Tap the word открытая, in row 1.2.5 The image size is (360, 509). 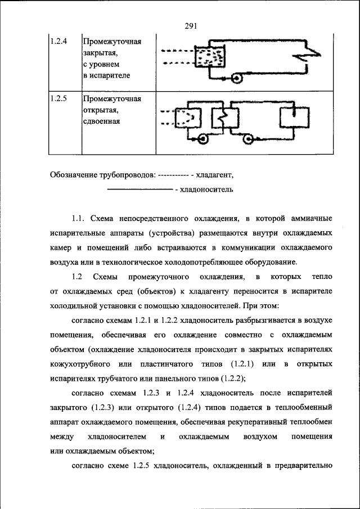point(100,110)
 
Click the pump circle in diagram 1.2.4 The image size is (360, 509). point(237,79)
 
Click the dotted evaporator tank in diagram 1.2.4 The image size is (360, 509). point(209,58)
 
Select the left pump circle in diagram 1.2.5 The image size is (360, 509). point(201,137)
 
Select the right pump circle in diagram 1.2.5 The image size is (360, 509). point(248,137)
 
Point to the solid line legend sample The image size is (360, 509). point(139,190)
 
